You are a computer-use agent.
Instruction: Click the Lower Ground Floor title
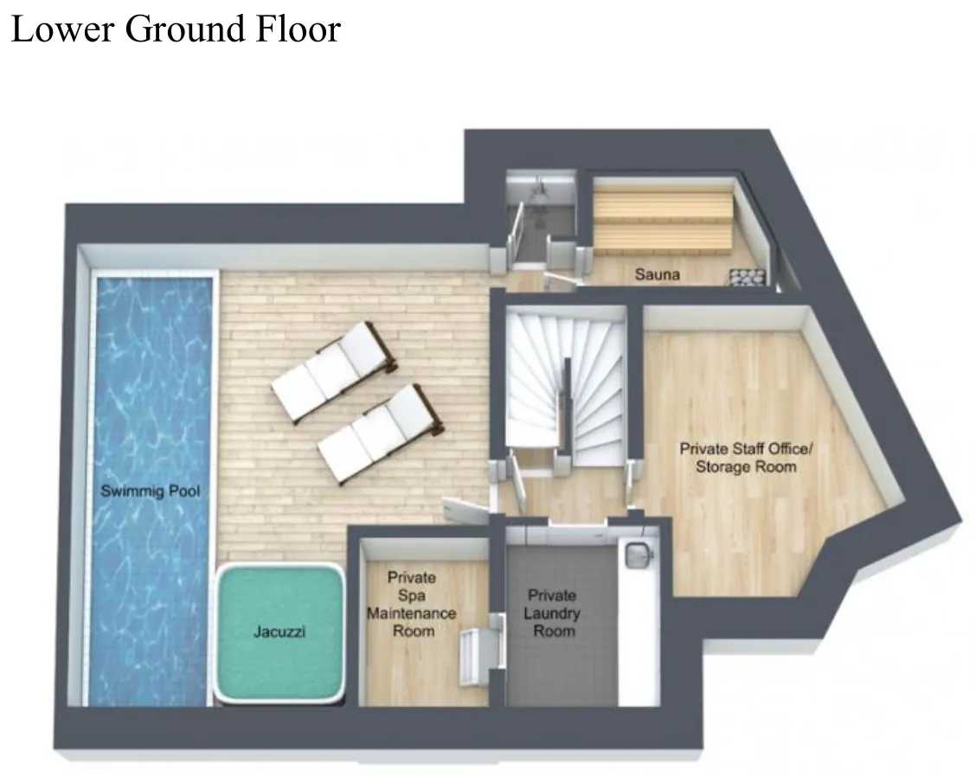pyautogui.click(x=177, y=29)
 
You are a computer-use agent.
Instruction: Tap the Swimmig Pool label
pyautogui.click(x=151, y=491)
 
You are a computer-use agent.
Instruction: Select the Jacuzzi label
pyautogui.click(x=279, y=632)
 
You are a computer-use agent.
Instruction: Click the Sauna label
pyautogui.click(x=658, y=274)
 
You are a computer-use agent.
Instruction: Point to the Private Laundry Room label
pyautogui.click(x=552, y=613)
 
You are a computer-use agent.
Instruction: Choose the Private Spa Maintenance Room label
pyautogui.click(x=412, y=604)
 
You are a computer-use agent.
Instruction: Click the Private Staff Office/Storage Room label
pyautogui.click(x=746, y=458)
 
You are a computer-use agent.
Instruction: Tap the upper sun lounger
pyautogui.click(x=334, y=372)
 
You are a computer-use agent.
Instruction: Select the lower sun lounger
pyautogui.click(x=381, y=434)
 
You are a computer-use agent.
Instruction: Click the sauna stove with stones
pyautogui.click(x=747, y=276)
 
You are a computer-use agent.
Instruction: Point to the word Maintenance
pyautogui.click(x=412, y=613)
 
